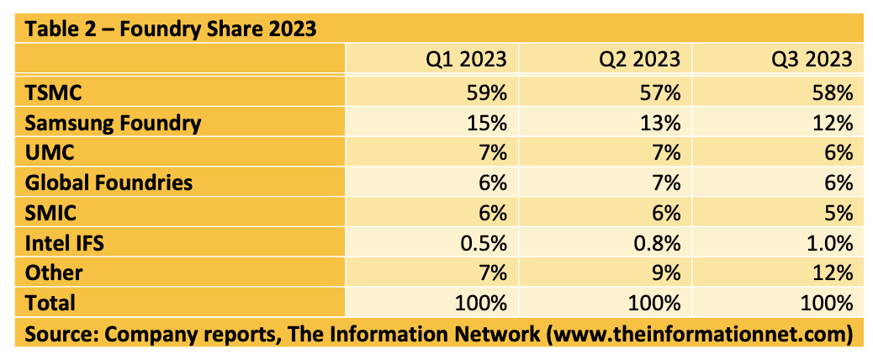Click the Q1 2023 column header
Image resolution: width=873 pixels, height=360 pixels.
point(465,61)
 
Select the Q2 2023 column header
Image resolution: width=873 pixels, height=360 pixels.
point(639,61)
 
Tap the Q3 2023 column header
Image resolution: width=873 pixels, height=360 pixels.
point(812,61)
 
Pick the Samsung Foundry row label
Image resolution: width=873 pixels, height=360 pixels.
point(113,122)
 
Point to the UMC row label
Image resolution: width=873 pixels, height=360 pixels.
point(49,152)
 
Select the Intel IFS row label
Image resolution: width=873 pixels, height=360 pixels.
point(63,242)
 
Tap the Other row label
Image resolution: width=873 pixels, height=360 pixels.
point(53,273)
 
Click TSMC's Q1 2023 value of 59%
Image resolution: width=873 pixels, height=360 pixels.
point(487,92)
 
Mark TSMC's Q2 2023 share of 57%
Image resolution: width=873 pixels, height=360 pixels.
point(661,92)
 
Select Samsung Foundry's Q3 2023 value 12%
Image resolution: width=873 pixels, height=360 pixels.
point(834,122)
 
